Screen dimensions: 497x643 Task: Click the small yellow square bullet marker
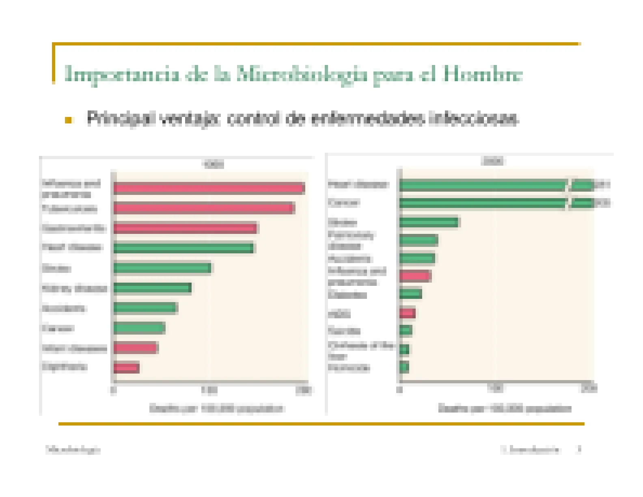(x=68, y=120)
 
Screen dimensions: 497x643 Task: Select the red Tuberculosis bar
(x=203, y=208)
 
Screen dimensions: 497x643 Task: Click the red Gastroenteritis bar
(x=185, y=228)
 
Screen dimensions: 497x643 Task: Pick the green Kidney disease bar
(x=152, y=288)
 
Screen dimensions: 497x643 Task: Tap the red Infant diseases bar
(x=135, y=348)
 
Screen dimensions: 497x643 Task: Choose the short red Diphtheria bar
(x=126, y=368)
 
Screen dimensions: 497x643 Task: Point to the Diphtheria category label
(x=65, y=367)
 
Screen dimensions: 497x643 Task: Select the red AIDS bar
(x=407, y=313)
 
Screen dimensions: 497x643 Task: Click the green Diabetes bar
(x=410, y=294)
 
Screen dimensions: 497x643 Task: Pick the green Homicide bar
(x=404, y=367)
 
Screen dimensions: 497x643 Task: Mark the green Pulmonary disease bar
(x=419, y=240)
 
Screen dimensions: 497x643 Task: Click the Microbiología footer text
(x=73, y=449)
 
